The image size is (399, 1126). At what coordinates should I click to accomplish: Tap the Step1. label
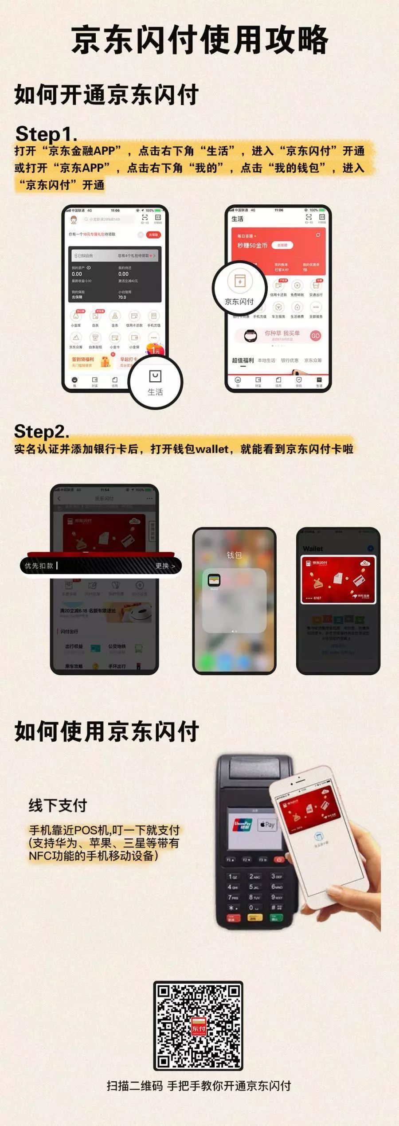[46, 133]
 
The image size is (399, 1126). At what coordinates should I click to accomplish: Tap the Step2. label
[41, 431]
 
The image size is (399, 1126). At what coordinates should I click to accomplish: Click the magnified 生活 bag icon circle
[155, 382]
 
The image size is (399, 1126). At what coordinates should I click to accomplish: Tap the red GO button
[315, 336]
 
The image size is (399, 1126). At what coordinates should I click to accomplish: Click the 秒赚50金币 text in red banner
[252, 245]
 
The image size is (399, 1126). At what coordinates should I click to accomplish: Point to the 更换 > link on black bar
[165, 566]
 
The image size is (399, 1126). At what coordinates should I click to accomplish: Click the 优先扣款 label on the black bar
[39, 566]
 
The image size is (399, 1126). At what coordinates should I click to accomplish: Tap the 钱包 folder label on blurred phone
[234, 555]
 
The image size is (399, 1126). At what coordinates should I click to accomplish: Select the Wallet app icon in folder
[214, 581]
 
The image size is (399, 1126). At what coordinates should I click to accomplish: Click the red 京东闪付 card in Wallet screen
[338, 580]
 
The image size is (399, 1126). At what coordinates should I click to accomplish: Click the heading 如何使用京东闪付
[106, 731]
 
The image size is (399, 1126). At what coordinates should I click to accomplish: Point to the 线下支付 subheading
[58, 805]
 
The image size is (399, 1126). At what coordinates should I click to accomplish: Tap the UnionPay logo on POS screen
[243, 825]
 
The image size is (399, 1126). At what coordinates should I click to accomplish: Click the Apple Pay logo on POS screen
[267, 825]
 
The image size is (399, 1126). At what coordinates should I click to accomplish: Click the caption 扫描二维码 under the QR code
[135, 1086]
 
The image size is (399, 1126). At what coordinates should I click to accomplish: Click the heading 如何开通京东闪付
[106, 94]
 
